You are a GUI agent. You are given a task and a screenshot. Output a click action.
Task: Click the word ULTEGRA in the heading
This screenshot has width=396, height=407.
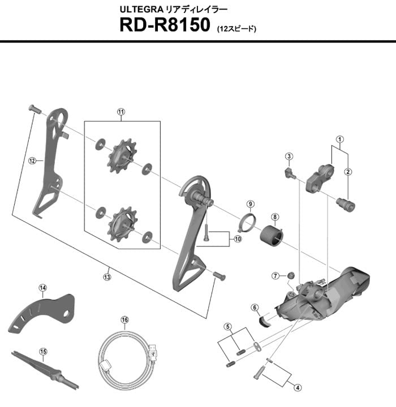point(140,9)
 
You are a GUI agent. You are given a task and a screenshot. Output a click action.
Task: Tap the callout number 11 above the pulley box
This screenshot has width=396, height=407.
point(120,112)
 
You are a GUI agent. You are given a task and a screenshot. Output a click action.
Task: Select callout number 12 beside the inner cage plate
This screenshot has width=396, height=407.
point(32,161)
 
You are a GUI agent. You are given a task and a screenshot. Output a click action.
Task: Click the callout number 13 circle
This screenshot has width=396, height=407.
point(107,276)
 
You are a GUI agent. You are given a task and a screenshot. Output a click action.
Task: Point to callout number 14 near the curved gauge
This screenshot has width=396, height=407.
point(42,288)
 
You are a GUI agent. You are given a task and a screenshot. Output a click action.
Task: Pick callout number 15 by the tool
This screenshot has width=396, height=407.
point(42,351)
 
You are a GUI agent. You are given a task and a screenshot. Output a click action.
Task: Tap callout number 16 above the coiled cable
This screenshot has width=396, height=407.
point(124,319)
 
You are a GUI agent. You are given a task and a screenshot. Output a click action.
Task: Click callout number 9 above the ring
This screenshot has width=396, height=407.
point(250,203)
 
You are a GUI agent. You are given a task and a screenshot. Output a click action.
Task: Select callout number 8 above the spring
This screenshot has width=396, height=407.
point(274,217)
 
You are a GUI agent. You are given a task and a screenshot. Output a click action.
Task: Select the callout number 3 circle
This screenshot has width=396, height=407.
point(289,157)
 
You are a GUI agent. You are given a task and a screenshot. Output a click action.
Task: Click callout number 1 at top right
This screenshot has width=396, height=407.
point(339,139)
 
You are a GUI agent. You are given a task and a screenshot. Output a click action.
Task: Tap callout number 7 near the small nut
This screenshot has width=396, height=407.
point(275,276)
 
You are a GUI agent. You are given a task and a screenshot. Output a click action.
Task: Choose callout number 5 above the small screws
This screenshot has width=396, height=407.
point(227,326)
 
